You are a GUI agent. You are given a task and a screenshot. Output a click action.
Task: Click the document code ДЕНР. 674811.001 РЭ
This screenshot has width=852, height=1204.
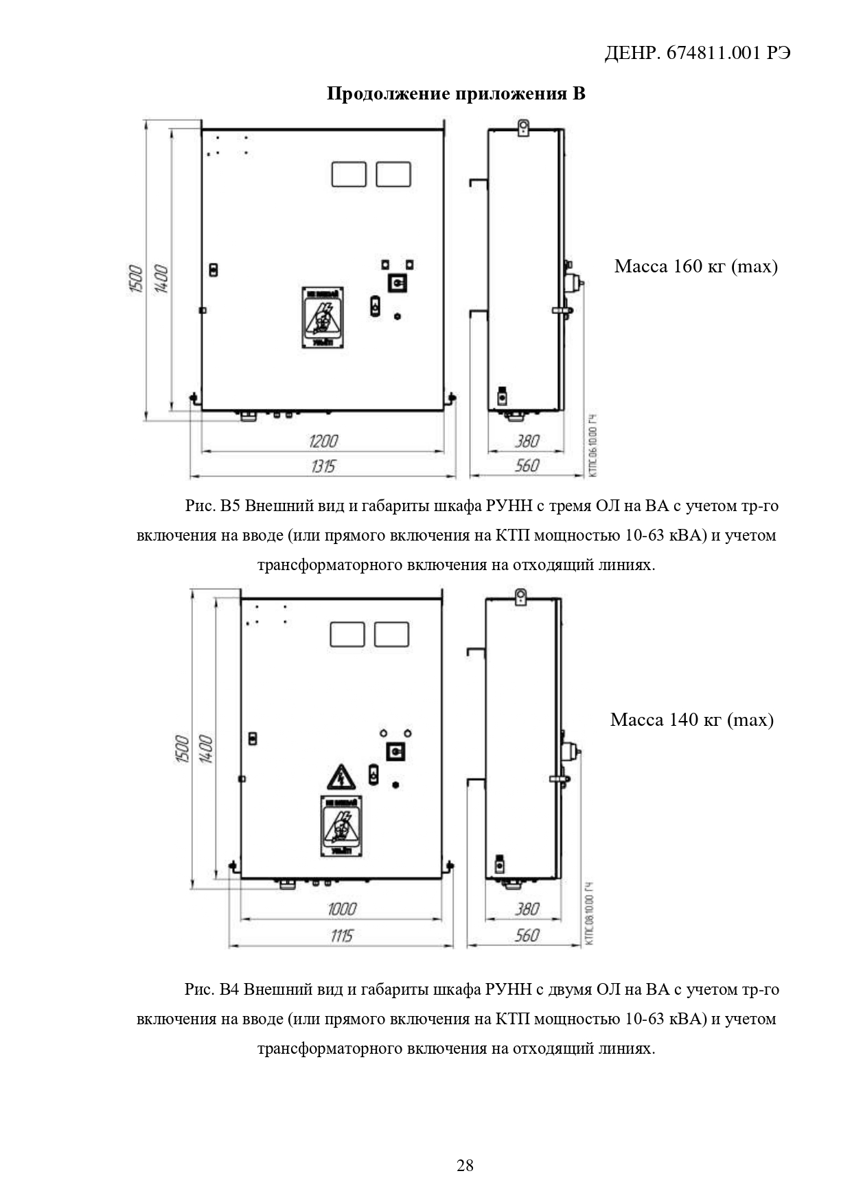(x=697, y=54)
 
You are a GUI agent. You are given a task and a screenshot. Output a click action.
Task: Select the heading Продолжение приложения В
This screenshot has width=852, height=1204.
(x=456, y=94)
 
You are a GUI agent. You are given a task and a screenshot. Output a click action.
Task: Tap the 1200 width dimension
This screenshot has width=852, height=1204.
(x=323, y=440)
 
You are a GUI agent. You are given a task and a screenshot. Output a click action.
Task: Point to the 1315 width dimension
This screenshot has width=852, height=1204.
(x=323, y=467)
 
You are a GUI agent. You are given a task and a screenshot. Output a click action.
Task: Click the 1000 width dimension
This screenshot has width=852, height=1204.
(x=341, y=909)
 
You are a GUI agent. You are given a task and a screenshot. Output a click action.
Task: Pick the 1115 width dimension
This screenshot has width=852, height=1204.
(x=341, y=936)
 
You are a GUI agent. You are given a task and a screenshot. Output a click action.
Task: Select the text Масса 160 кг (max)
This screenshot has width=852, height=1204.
(x=695, y=266)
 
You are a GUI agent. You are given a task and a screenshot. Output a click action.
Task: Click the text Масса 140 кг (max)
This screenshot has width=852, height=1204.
(x=691, y=720)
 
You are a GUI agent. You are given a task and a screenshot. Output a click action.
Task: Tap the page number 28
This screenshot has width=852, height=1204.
(x=465, y=1166)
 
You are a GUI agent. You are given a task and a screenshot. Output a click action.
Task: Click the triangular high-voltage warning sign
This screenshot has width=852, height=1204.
(x=341, y=777)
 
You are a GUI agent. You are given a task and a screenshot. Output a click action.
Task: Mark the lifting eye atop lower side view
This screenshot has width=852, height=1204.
(x=520, y=595)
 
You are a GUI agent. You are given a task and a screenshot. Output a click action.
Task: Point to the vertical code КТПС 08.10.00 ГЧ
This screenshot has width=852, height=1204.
(x=590, y=914)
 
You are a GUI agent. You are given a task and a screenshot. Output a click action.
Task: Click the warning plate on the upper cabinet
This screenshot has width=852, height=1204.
(x=322, y=317)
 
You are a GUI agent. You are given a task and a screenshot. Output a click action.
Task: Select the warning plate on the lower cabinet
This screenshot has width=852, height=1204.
(x=341, y=826)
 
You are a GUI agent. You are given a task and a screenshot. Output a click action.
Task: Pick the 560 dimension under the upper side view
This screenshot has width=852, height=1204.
(x=527, y=467)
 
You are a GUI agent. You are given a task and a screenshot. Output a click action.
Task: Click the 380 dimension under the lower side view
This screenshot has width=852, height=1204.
(x=527, y=909)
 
